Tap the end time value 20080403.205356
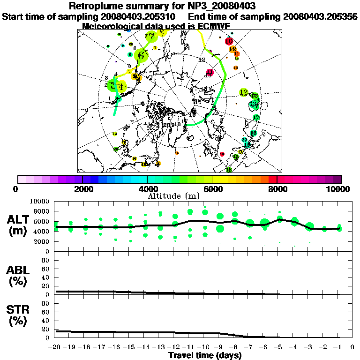[321, 16]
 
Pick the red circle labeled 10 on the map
[229, 41]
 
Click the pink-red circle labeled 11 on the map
[210, 72]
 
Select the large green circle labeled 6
[141, 56]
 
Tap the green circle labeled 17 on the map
[256, 117]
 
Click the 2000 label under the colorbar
[82, 189]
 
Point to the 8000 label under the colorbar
[277, 189]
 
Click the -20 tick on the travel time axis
[55, 347]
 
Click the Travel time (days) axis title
[205, 355]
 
